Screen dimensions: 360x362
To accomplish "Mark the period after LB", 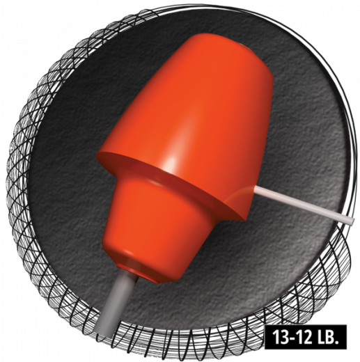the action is [336, 343].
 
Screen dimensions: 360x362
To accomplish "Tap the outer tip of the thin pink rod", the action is [354, 221].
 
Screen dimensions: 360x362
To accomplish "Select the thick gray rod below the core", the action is [116, 302].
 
